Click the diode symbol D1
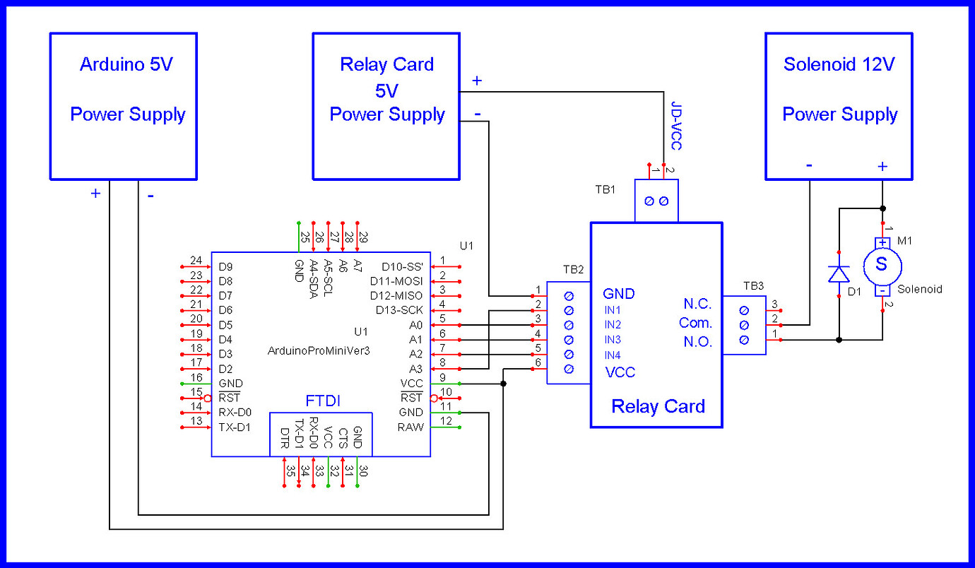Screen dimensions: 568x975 [x=839, y=273]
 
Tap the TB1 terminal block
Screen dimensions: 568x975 [x=656, y=201]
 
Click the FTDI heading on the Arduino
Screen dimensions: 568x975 [x=323, y=401]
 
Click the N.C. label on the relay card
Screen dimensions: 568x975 [x=697, y=304]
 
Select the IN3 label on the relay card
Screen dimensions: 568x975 [x=613, y=340]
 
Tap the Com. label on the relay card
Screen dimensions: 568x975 [x=696, y=323]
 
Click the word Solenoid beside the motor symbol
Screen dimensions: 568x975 [x=920, y=290]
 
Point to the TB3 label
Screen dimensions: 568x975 [x=753, y=286]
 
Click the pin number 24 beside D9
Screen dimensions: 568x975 [x=196, y=261]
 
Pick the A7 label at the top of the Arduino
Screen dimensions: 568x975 [x=357, y=266]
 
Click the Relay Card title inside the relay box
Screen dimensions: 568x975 [x=658, y=406]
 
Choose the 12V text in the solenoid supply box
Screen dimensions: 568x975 [x=877, y=64]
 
